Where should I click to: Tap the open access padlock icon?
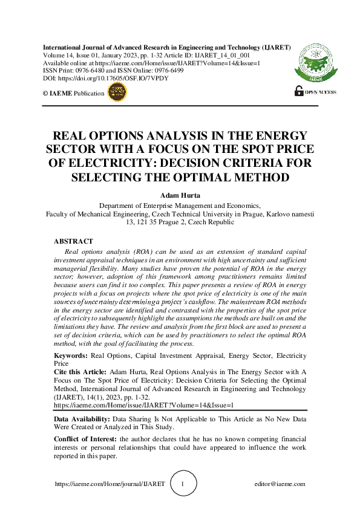click(298, 91)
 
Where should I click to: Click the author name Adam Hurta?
click(180, 196)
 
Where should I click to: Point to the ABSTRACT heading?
click(73, 241)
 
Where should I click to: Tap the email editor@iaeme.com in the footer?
click(281, 484)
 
